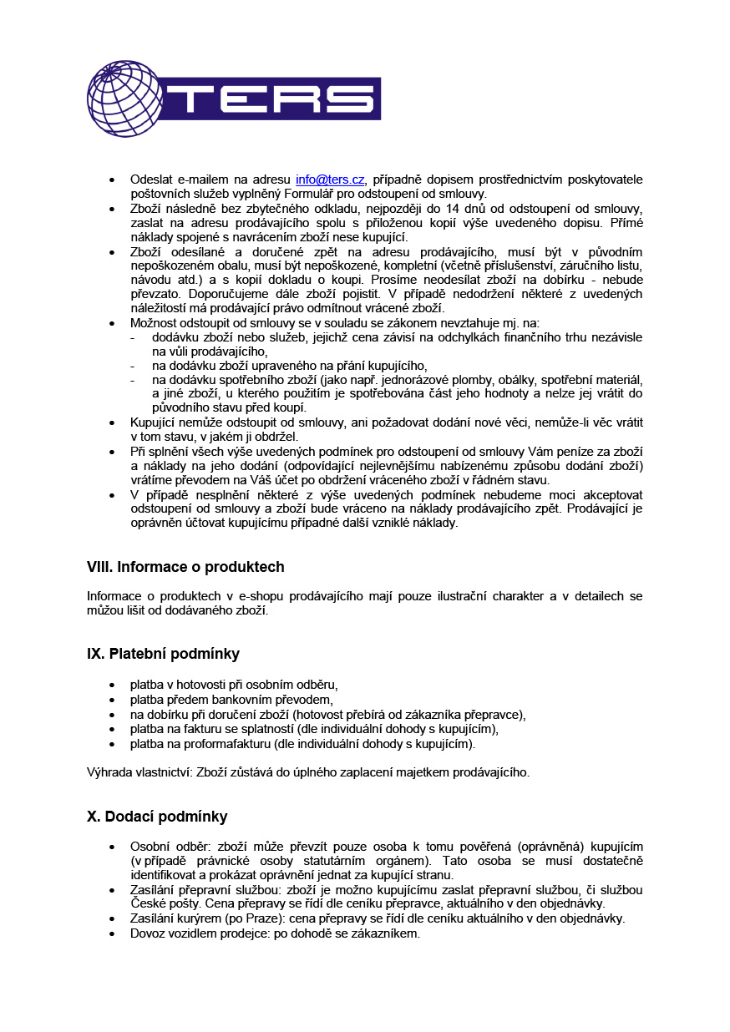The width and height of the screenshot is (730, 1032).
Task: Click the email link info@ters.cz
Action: coord(330,180)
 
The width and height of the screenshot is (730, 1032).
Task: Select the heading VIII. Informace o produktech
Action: coord(185,567)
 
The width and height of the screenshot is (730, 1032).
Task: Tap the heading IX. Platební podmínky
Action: coord(163,654)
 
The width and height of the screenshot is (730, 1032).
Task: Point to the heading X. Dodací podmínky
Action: coord(157,817)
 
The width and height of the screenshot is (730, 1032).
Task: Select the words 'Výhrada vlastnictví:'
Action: coord(139,772)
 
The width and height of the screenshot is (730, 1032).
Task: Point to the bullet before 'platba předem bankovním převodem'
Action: coord(112,701)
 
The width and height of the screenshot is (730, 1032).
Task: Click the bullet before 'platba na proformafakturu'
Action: coord(112,744)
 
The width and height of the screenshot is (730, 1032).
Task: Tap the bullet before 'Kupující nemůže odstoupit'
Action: coord(112,423)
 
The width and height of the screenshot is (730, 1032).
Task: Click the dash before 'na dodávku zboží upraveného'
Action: coord(133,366)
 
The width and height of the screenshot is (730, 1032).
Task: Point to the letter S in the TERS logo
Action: coord(349,99)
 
